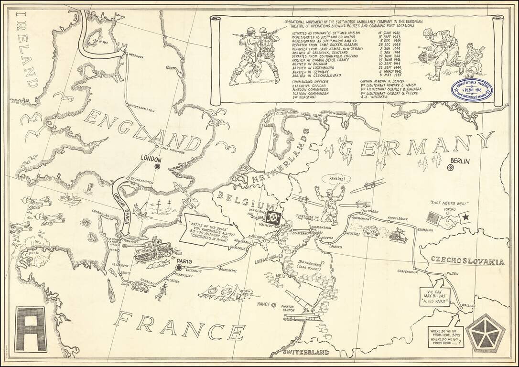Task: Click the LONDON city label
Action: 152,157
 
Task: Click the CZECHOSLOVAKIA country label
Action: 468,261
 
